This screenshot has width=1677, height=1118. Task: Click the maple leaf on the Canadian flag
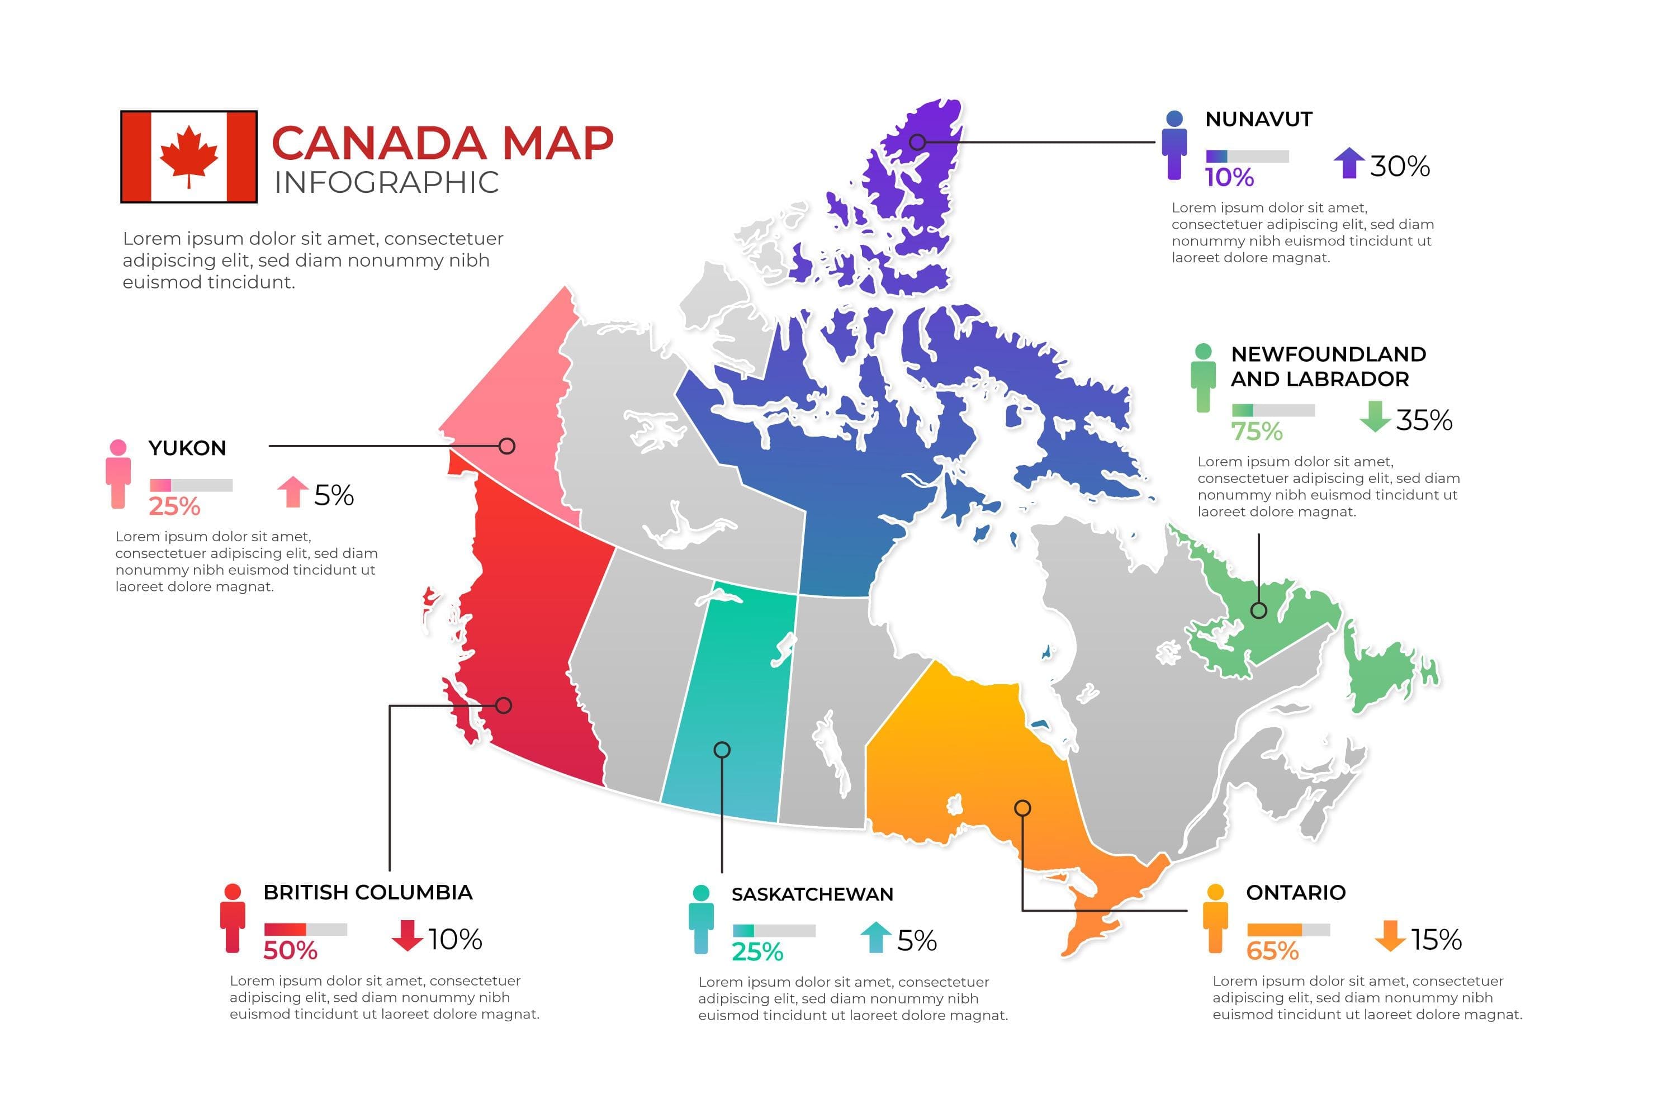[188, 155]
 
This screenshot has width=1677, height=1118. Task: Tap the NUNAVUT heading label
[1258, 119]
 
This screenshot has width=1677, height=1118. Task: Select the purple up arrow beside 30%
[1349, 163]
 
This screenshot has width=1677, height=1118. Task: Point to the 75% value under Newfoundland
[1256, 432]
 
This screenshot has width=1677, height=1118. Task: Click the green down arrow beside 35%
[1374, 416]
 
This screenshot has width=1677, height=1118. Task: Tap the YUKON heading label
[187, 448]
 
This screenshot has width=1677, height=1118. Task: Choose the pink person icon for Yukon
[119, 473]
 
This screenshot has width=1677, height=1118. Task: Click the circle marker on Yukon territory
[507, 446]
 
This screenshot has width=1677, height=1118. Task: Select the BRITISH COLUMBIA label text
[368, 892]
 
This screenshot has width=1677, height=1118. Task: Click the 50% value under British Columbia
[290, 950]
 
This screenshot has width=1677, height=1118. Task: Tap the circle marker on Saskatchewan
[722, 750]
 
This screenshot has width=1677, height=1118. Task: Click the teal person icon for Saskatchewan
[701, 919]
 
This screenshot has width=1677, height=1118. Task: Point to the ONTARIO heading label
[1296, 892]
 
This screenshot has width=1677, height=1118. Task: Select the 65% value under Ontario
[1272, 950]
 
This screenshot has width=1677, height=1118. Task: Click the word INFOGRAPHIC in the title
[386, 183]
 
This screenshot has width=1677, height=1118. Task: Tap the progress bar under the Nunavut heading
[1247, 156]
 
